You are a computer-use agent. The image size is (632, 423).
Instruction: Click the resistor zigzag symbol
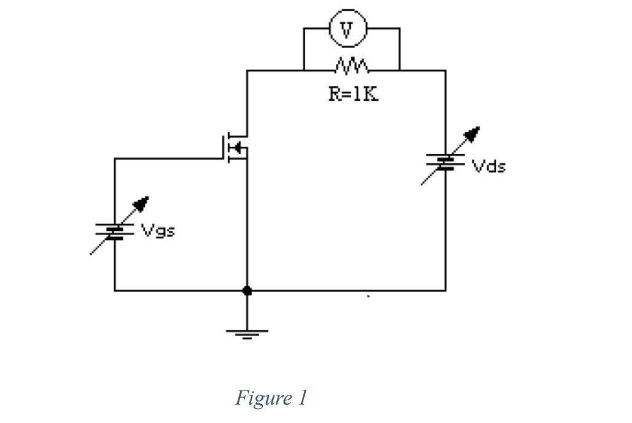click(351, 64)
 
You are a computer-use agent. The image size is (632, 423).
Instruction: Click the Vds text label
click(489, 166)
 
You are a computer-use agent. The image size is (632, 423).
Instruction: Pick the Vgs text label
click(158, 231)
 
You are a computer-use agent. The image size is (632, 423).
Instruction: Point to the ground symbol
click(247, 334)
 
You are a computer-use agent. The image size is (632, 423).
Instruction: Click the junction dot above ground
click(247, 290)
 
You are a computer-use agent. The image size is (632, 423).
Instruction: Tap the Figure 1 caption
click(270, 398)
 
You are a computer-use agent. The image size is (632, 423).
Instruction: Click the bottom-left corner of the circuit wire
click(114, 290)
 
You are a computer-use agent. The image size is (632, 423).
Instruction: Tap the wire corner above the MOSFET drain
click(247, 71)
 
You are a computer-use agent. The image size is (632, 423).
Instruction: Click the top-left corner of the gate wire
click(114, 158)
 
